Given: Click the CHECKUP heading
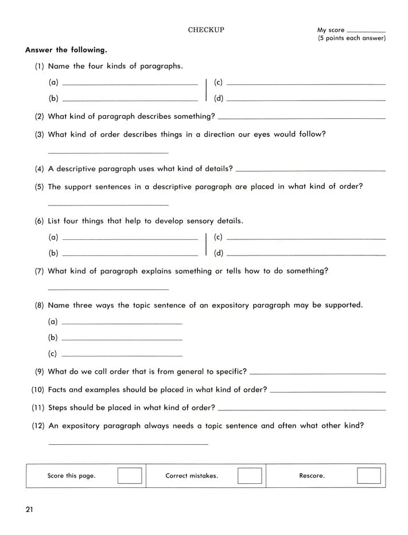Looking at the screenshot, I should pyautogui.click(x=206, y=30).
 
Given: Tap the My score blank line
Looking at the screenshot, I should pyautogui.click(x=367, y=32).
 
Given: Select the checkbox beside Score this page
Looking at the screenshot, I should pyautogui.click(x=130, y=476).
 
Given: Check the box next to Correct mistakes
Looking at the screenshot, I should pyautogui.click(x=250, y=476).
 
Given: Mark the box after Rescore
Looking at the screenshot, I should pyautogui.click(x=368, y=476).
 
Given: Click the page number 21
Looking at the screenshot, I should pyautogui.click(x=29, y=509).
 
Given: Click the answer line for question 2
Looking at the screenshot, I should pyautogui.click(x=301, y=119).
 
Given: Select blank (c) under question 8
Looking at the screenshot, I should pyautogui.click(x=122, y=356).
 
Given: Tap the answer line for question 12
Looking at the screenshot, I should pyautogui.click(x=128, y=444).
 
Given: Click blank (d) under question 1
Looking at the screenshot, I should pyautogui.click(x=306, y=101).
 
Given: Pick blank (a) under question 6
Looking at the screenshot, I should pyautogui.click(x=130, y=239).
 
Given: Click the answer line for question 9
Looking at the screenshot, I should pyautogui.click(x=318, y=374).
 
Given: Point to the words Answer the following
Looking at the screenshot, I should pyautogui.click(x=65, y=50).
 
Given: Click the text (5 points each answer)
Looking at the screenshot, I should pyautogui.click(x=351, y=38).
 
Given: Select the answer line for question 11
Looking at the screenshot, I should pyautogui.click(x=302, y=410).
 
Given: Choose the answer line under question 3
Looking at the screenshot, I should pyautogui.click(x=108, y=153).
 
